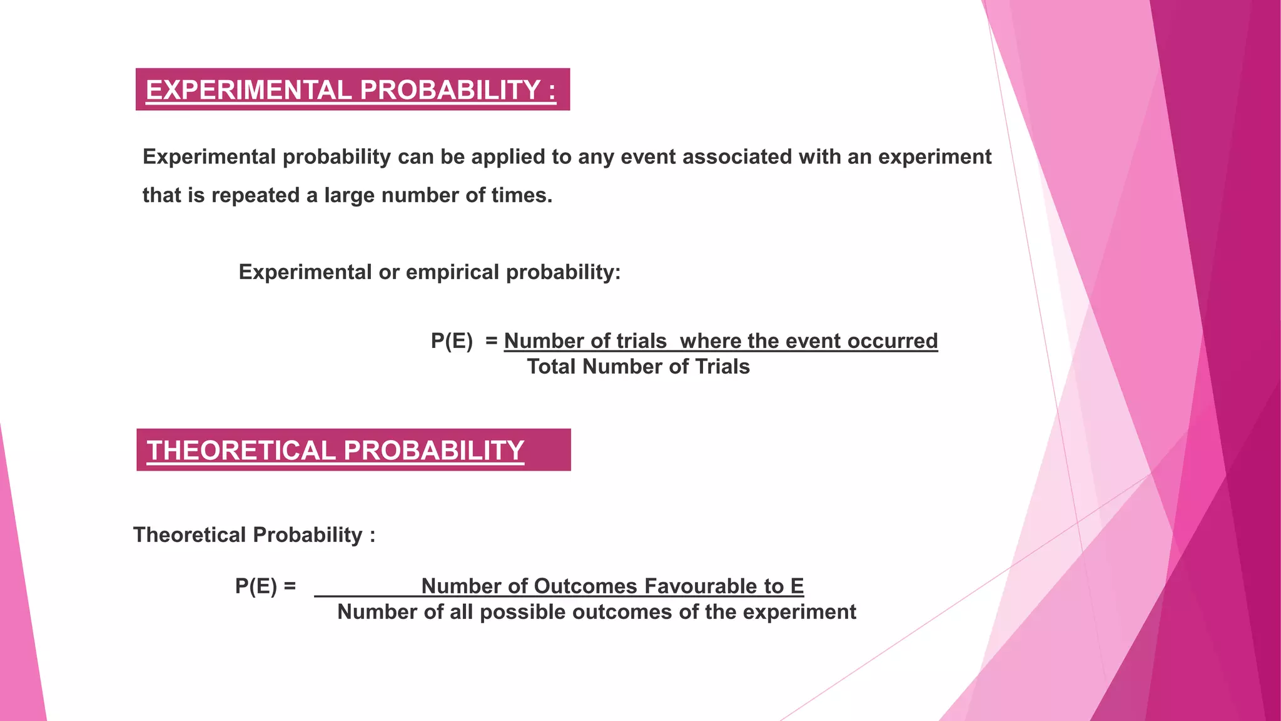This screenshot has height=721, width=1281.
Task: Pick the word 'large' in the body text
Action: click(x=350, y=196)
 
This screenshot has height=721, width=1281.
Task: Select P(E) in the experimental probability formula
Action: click(x=452, y=341)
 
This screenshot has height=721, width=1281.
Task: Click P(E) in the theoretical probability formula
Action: click(x=256, y=586)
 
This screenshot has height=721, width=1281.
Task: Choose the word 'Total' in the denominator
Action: click(x=552, y=367)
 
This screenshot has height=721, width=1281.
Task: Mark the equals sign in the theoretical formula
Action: click(x=290, y=586)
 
